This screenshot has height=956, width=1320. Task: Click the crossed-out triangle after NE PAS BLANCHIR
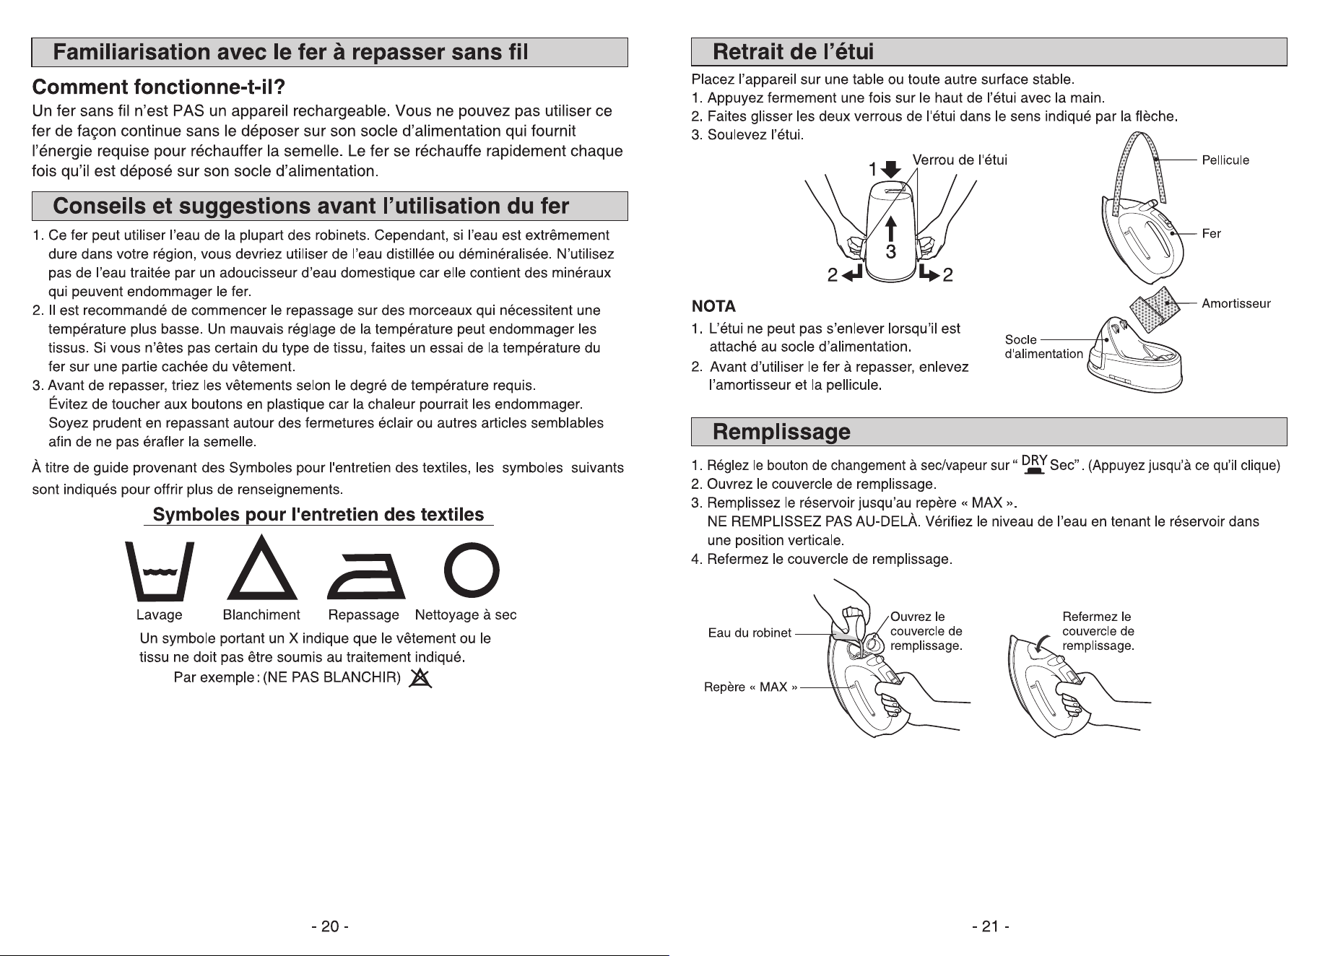point(420,679)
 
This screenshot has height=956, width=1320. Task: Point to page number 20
point(330,926)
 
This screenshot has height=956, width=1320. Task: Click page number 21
point(990,926)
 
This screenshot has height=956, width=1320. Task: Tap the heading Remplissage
point(781,432)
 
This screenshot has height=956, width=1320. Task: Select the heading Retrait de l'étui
point(793,52)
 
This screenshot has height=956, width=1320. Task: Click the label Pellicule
point(1225,160)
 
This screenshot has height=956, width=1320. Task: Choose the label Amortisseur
point(1236,304)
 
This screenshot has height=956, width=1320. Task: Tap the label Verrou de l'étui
point(960,160)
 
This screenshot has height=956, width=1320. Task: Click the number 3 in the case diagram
point(891,251)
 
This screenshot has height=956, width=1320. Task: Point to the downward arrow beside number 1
point(893,169)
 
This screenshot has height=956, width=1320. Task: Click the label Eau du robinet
point(750,633)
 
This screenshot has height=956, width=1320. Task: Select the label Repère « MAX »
point(750,687)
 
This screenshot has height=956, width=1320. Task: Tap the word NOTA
point(713,306)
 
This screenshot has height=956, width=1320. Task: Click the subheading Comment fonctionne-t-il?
point(160,88)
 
